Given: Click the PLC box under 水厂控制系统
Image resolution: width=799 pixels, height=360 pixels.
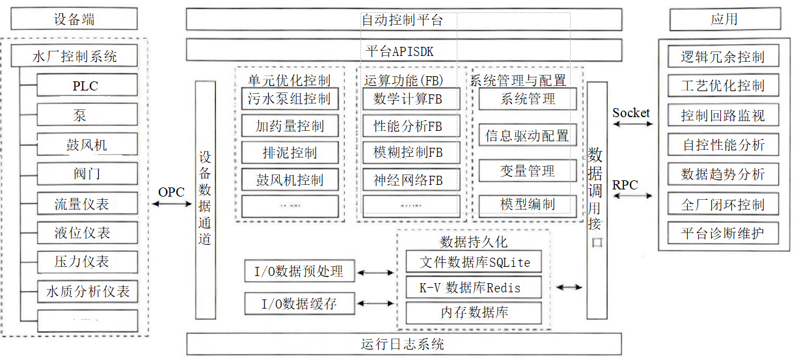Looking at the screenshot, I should coord(87,85).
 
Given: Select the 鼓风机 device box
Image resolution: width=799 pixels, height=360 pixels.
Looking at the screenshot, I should coord(87,145).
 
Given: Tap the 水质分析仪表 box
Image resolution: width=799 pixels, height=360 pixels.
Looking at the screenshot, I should coord(87,291).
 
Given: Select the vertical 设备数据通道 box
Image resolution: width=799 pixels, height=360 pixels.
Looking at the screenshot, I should coord(205,201).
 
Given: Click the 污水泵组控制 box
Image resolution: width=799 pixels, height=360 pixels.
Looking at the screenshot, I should coord(290,99).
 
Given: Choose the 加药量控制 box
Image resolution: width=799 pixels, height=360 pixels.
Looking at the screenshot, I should coord(290,126).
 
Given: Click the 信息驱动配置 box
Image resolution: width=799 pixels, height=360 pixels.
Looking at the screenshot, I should coord(528,135).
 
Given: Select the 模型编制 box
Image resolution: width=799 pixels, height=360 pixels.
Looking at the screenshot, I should coord(528,204).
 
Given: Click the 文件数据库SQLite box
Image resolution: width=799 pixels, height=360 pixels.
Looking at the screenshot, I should coord(474,262).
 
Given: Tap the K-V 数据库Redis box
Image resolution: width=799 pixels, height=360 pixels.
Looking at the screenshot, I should coord(474,287).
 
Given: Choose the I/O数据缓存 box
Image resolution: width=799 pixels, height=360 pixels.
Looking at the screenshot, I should coord(299,303).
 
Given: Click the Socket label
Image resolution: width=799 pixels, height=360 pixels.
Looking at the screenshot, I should coord(630,113).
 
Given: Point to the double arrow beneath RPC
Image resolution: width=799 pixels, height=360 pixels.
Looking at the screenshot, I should coord(630,197).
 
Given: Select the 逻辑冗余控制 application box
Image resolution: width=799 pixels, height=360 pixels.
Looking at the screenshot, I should coord(722,57).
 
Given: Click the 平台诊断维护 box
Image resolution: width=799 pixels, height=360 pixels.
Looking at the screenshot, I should coord(722,232).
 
